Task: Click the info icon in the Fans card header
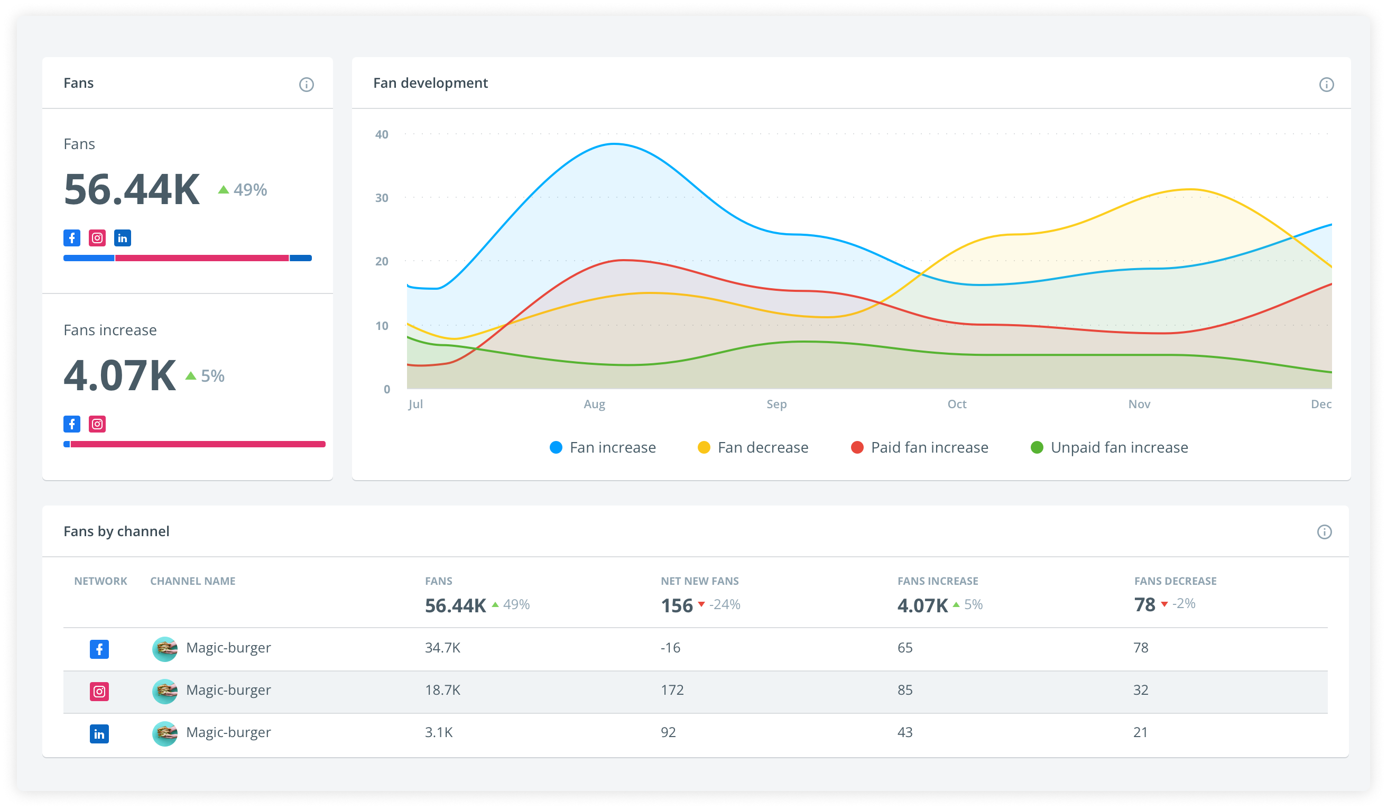(x=307, y=84)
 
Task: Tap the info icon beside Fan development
(x=1326, y=84)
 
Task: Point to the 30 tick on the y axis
(x=382, y=198)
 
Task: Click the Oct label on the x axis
(x=957, y=404)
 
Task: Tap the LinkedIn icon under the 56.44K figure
(x=122, y=238)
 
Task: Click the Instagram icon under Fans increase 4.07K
(x=97, y=424)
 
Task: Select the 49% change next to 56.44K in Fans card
(x=243, y=190)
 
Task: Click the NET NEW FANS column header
(x=699, y=581)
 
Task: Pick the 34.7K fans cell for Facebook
(x=442, y=648)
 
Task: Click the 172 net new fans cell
(x=672, y=690)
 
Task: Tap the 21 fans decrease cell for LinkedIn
(x=1141, y=732)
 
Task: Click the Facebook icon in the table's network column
(x=99, y=649)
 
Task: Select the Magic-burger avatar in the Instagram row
(x=164, y=691)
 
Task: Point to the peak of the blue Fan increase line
(x=614, y=144)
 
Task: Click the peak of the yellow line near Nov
(x=1190, y=189)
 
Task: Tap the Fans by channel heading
(x=116, y=531)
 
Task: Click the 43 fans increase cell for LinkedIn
(x=905, y=732)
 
